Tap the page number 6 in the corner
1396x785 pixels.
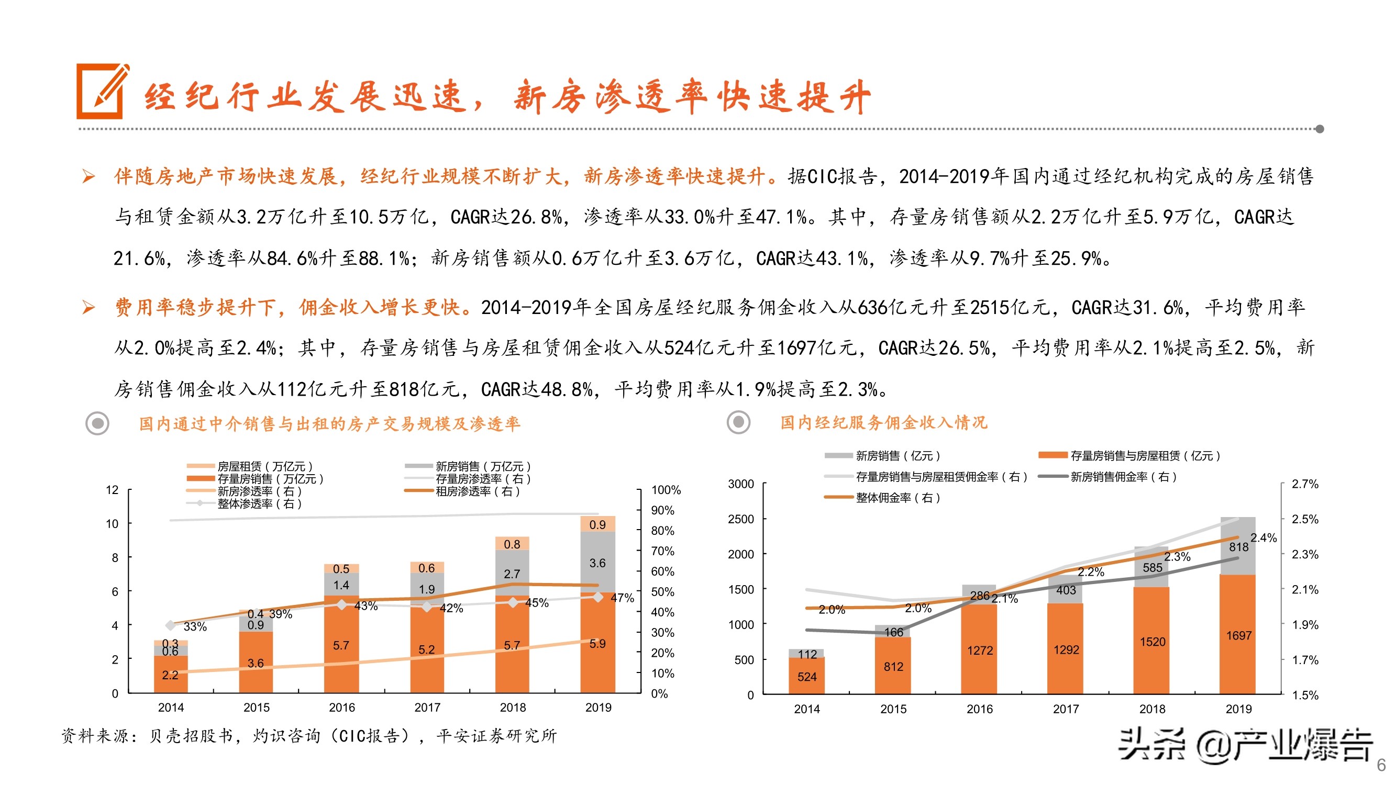[x=1381, y=765]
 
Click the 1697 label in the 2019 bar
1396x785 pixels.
[x=1238, y=635]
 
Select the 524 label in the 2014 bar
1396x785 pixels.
[x=806, y=677]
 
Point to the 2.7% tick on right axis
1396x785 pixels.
[x=1304, y=484]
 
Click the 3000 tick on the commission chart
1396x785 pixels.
[x=740, y=484]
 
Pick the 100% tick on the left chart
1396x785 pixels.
[x=666, y=490]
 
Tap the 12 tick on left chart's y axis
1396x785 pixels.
[x=112, y=490]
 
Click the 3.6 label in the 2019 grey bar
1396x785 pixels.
[x=597, y=563]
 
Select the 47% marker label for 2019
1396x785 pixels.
[x=622, y=598]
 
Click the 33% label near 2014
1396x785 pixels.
[x=195, y=627]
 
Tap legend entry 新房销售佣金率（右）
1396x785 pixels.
[x=1123, y=477]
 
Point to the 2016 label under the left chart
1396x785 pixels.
[x=341, y=707]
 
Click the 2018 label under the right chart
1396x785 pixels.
[x=1151, y=709]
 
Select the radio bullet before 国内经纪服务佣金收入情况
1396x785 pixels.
[x=738, y=422]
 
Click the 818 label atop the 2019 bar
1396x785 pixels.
[x=1238, y=547]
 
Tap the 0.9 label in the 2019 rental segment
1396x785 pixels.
[x=597, y=524]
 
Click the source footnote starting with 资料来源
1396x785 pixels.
[x=309, y=735]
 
